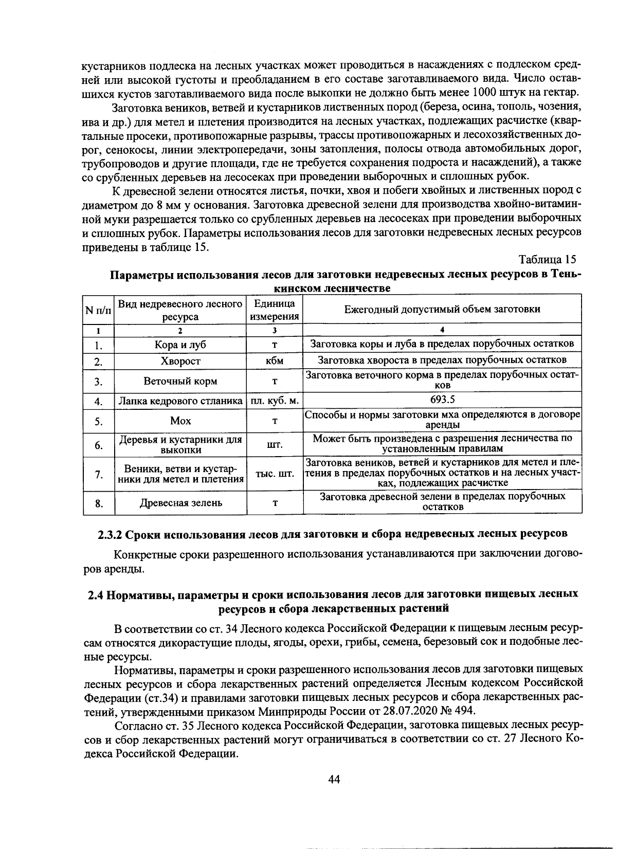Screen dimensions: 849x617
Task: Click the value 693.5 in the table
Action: point(442,400)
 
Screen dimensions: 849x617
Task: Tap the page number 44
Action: point(334,779)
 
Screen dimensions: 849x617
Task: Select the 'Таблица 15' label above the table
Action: point(548,259)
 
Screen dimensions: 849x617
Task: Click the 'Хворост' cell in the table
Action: point(180,362)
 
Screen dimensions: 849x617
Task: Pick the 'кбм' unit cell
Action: point(275,361)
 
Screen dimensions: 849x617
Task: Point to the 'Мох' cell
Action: point(180,421)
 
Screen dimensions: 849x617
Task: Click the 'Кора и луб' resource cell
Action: point(180,345)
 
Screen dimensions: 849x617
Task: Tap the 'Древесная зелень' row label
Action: point(181,503)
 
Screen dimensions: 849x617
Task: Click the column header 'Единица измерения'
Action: point(275,310)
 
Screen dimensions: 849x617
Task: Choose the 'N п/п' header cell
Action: point(98,310)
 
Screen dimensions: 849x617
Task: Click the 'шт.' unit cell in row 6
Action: point(275,445)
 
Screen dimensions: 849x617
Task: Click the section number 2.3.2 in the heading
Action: point(109,533)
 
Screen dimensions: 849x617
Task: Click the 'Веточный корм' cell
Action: point(180,381)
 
